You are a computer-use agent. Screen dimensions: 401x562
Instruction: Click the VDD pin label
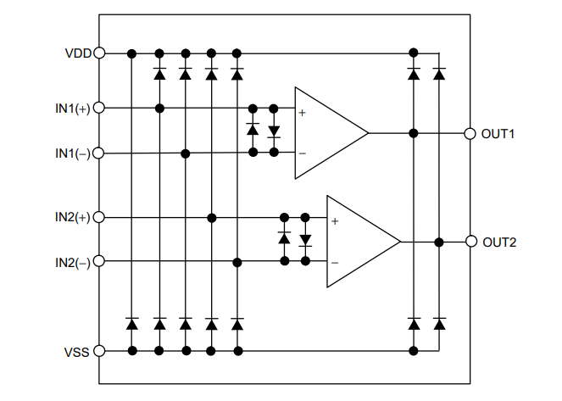pos(78,53)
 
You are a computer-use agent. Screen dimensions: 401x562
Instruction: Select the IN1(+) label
pos(72,109)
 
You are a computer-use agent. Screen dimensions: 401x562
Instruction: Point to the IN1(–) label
pos(72,153)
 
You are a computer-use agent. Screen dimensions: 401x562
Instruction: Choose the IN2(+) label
pos(72,218)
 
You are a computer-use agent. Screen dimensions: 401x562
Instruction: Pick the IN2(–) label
pos(72,263)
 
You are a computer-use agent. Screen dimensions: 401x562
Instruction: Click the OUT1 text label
pos(499,134)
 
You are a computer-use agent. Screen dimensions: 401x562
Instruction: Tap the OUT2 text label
pos(499,242)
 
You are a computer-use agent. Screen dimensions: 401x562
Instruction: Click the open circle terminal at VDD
pos(99,53)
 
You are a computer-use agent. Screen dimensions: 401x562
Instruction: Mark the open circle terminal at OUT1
pos(470,134)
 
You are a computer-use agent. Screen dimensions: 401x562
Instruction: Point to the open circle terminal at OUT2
pos(470,242)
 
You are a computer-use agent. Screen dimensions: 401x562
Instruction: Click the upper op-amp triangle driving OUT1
pos(326,133)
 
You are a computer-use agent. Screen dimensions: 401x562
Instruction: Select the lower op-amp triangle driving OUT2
pos(358,242)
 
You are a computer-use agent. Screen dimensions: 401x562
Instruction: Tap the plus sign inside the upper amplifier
pos(302,112)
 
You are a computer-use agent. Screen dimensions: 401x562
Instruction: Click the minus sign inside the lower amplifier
pos(335,262)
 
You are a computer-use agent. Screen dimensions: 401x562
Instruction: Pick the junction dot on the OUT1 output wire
pos(414,134)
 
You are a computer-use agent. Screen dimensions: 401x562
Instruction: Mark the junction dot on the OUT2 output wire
pos(439,242)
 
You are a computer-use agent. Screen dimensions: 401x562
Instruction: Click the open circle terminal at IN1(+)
pos(99,109)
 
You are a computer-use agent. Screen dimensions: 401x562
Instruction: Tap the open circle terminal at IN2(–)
pos(99,262)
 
